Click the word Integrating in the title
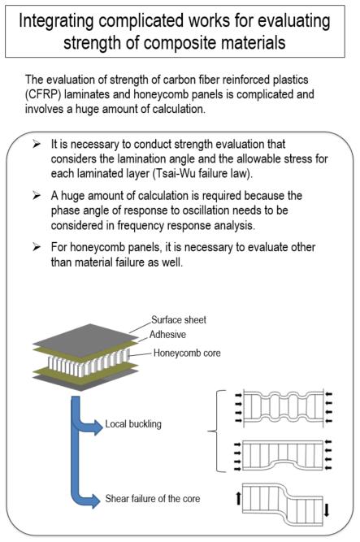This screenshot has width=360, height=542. (56, 21)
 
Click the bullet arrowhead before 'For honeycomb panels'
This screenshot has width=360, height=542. (37, 247)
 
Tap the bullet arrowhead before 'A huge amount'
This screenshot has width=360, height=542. (37, 196)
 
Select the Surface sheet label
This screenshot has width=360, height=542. (179, 319)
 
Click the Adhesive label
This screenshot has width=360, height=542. (167, 334)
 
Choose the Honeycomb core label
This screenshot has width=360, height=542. (187, 353)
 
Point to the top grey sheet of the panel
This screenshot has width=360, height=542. (85, 335)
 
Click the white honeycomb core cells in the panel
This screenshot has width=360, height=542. (89, 363)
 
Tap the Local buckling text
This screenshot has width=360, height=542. (133, 424)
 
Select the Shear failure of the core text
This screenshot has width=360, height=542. (153, 498)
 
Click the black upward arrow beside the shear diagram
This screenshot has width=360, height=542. (238, 498)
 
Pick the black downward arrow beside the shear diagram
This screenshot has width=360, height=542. (327, 510)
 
